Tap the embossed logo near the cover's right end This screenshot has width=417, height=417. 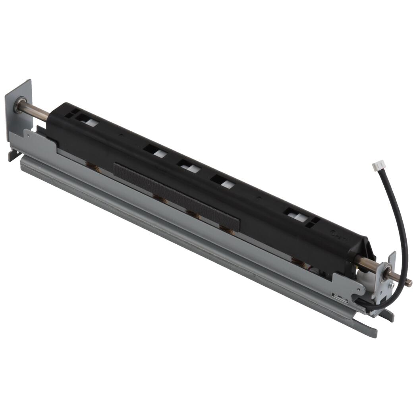click(x=341, y=239)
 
